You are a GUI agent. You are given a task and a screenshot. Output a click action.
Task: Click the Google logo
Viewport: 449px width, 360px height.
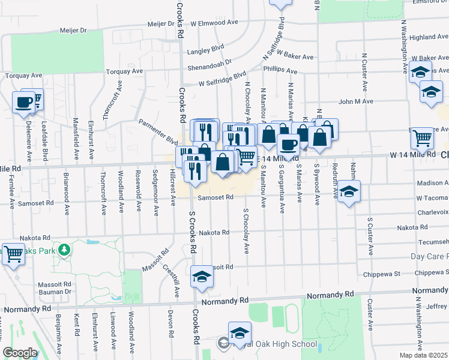[20, 353]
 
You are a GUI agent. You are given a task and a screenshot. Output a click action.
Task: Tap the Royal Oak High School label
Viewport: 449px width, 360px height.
[279, 344]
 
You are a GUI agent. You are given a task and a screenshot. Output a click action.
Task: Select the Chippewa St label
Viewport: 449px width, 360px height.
[382, 274]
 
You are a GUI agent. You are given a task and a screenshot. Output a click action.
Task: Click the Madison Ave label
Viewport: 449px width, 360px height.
[432, 184]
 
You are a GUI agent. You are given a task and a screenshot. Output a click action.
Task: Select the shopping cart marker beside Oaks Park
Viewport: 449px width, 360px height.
[13, 253]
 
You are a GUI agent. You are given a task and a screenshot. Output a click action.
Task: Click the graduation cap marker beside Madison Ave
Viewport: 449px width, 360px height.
[349, 192]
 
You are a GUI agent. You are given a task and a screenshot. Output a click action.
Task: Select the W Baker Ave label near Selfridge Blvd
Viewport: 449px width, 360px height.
[295, 57]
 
